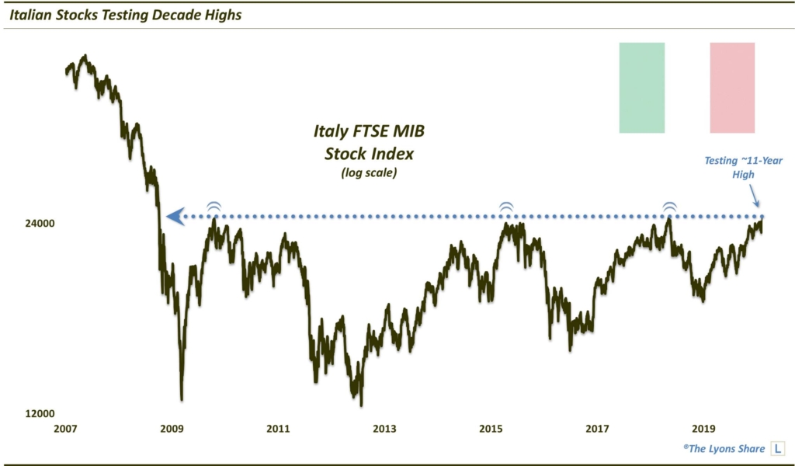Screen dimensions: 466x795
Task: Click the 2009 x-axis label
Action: [172, 429]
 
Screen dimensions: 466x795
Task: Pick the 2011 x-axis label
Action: [278, 429]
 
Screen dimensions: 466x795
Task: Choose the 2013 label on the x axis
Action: [384, 429]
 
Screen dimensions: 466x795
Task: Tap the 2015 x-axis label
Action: [491, 429]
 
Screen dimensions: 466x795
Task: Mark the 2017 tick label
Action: [597, 429]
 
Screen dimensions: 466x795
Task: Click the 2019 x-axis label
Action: [703, 429]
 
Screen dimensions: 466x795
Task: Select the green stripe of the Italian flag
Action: [641, 87]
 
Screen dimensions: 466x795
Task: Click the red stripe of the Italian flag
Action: [732, 87]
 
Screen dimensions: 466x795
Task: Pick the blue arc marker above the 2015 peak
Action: [506, 207]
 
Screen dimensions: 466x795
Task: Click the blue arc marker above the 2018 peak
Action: [669, 207]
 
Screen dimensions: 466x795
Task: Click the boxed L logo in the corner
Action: [777, 449]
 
